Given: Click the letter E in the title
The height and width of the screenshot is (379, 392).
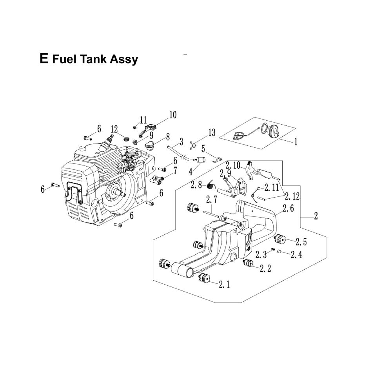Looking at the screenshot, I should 44,59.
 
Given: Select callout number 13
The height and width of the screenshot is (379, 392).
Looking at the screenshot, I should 211,133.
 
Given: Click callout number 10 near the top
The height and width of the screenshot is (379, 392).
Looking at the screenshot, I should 172,115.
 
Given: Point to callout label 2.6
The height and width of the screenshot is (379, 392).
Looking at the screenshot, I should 288,209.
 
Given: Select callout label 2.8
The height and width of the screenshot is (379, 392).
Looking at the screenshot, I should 196,184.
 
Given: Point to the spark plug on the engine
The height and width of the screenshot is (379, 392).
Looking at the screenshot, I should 109,140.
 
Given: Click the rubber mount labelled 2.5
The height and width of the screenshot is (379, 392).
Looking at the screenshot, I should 281,238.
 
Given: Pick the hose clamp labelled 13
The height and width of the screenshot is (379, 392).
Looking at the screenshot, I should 192,145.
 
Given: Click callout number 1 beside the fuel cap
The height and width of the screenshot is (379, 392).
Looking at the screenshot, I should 295,142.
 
